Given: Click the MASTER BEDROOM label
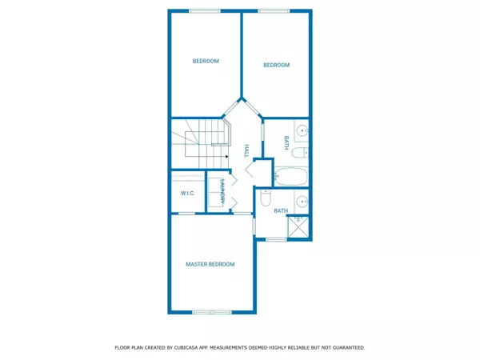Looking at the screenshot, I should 210,264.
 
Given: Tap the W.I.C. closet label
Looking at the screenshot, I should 188,193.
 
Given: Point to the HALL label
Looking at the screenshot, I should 246,151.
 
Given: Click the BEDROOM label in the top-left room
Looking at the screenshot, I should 206,61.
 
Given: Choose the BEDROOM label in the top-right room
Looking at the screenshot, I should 276,66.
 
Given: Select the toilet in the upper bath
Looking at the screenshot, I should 298,154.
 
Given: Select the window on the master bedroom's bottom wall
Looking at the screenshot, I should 212,311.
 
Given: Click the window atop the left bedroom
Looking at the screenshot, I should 201,10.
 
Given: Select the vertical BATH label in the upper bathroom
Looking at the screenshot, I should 286,143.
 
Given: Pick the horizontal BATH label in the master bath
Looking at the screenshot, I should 281,211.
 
